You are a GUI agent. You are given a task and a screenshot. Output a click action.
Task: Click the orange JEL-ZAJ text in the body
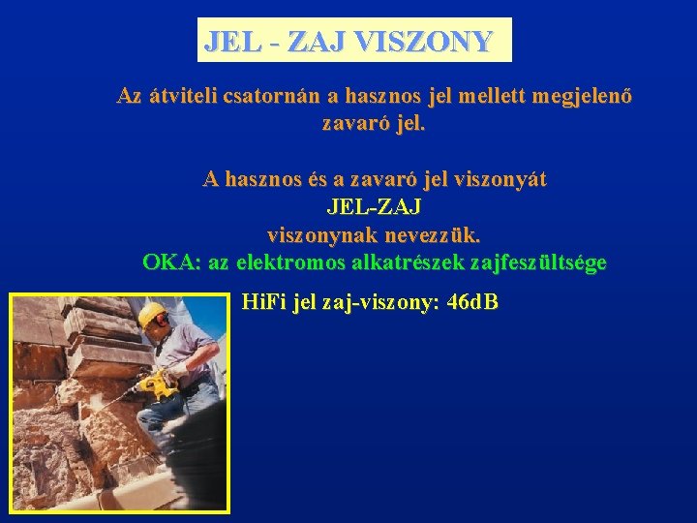pos(374,207)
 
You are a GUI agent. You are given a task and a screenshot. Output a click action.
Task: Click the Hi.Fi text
pos(258,302)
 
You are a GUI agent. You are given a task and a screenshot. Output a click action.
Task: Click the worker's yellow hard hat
pos(150,314)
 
